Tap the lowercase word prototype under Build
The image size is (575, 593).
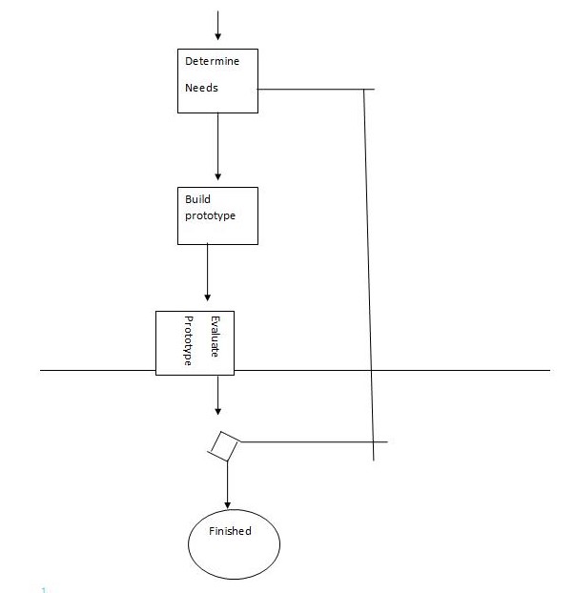(209, 215)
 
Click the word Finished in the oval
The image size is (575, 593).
(230, 531)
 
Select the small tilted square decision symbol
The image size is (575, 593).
(225, 445)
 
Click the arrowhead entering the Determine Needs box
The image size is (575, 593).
(218, 36)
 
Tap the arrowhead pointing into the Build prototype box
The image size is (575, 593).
(218, 175)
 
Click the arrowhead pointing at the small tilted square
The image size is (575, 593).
(218, 410)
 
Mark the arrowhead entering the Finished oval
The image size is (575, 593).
(227, 504)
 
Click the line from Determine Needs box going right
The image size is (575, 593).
(315, 90)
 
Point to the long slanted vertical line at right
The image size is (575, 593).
(369, 276)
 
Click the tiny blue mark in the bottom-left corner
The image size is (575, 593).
(44, 590)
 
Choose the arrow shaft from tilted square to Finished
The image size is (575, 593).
(227, 481)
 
